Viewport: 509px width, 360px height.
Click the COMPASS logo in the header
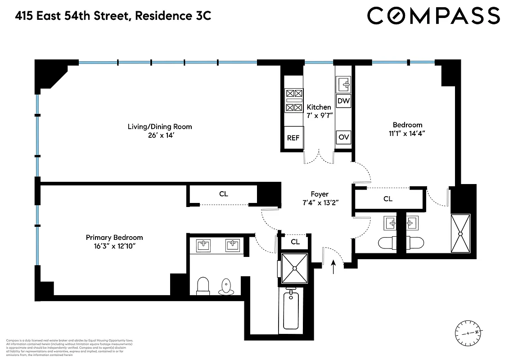pyautogui.click(x=433, y=16)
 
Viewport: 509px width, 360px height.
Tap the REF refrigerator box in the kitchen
pyautogui.click(x=293, y=138)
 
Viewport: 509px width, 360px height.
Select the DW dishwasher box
pyautogui.click(x=344, y=101)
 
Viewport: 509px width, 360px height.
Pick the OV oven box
pyautogui.click(x=344, y=137)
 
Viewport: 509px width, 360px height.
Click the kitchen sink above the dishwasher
pyautogui.click(x=344, y=83)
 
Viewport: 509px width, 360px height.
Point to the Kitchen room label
pyautogui.click(x=319, y=107)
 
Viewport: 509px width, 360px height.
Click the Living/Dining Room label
pyautogui.click(x=160, y=126)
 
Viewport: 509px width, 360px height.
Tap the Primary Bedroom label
pyautogui.click(x=114, y=238)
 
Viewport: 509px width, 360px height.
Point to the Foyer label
pyautogui.click(x=319, y=194)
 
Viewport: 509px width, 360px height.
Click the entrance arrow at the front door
pyautogui.click(x=333, y=268)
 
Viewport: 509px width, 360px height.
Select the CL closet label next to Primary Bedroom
pyautogui.click(x=224, y=194)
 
